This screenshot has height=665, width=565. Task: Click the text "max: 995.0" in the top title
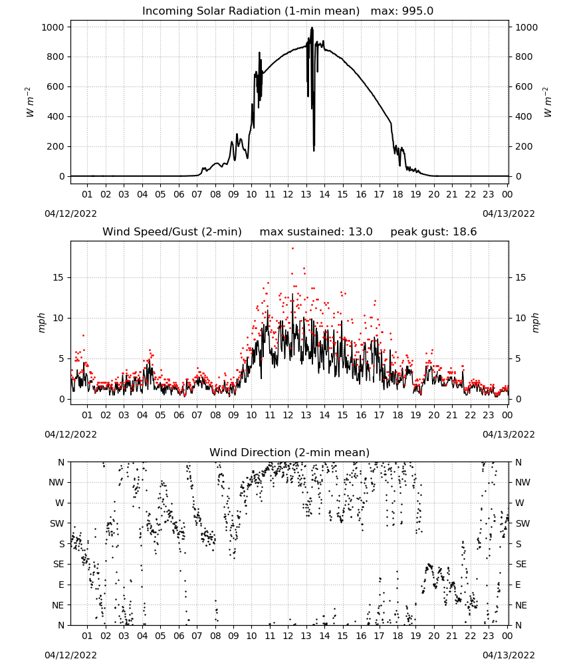point(402,11)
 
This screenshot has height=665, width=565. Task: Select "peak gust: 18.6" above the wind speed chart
point(433,232)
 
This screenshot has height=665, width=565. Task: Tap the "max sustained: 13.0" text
point(316,232)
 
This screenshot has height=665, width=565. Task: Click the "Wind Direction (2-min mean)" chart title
point(290,452)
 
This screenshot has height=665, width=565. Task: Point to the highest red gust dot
point(293,249)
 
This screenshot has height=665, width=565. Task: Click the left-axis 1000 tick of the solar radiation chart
point(53,27)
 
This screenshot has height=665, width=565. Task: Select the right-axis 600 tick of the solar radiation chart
point(524,86)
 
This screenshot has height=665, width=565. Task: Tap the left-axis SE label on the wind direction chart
point(58,564)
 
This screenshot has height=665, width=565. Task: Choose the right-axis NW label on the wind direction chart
point(522,482)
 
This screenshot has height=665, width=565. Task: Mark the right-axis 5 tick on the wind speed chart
point(518,358)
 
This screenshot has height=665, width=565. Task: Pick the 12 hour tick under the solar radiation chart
point(288,194)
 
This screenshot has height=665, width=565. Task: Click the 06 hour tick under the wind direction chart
point(179,636)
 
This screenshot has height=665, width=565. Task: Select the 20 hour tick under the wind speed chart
point(433,415)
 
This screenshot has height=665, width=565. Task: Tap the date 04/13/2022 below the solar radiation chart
point(508,213)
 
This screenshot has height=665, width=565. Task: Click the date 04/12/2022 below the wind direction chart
point(70,655)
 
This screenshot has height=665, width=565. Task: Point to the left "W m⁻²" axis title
point(29,102)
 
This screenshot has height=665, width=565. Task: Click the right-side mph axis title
point(535,323)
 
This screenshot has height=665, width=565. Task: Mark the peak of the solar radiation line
point(312,27)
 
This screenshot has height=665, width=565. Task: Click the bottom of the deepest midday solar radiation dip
point(314,150)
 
